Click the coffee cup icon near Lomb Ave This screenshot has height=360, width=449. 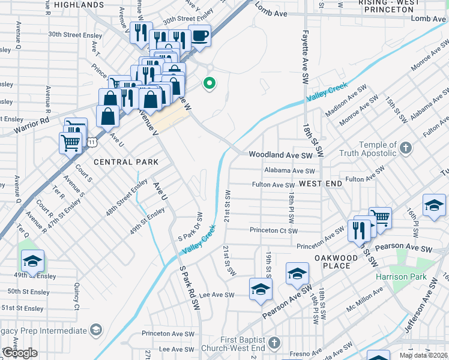(200, 35)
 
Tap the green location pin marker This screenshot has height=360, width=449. (209, 83)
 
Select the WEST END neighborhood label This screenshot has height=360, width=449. (321, 182)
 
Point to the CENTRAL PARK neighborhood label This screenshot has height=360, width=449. (126, 162)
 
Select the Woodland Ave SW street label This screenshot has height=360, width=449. (281, 155)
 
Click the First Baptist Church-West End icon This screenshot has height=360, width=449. (274, 343)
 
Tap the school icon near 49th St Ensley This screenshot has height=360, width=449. (32, 260)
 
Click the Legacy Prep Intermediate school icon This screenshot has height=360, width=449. (95, 331)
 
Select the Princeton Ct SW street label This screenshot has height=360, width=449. (274, 230)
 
